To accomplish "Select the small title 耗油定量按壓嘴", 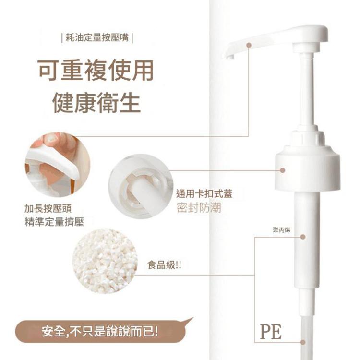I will [x=97, y=37].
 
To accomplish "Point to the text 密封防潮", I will [x=199, y=209].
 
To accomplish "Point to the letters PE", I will [x=271, y=331].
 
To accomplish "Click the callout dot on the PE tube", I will [x=303, y=342].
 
